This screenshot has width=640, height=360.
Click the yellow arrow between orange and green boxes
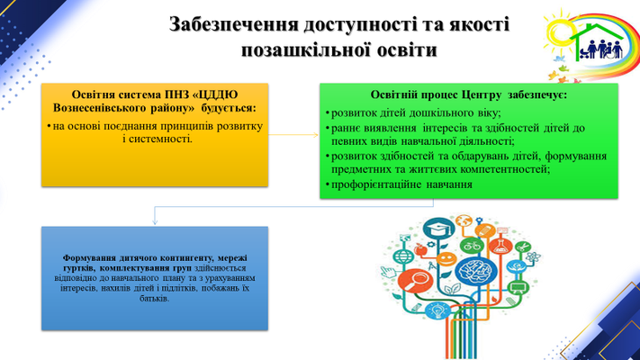pos(293,135)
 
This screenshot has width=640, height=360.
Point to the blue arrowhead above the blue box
pos(155,221)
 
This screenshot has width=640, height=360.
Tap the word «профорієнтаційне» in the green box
pos(376,184)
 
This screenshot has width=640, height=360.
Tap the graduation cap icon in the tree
pos(438,228)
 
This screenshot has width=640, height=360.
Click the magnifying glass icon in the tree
pos(415,281)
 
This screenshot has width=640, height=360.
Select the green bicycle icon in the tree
pos(472,246)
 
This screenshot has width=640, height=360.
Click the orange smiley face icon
pos(446,259)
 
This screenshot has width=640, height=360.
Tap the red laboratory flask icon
pos(500,246)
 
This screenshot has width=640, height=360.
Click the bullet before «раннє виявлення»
pos(328,129)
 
